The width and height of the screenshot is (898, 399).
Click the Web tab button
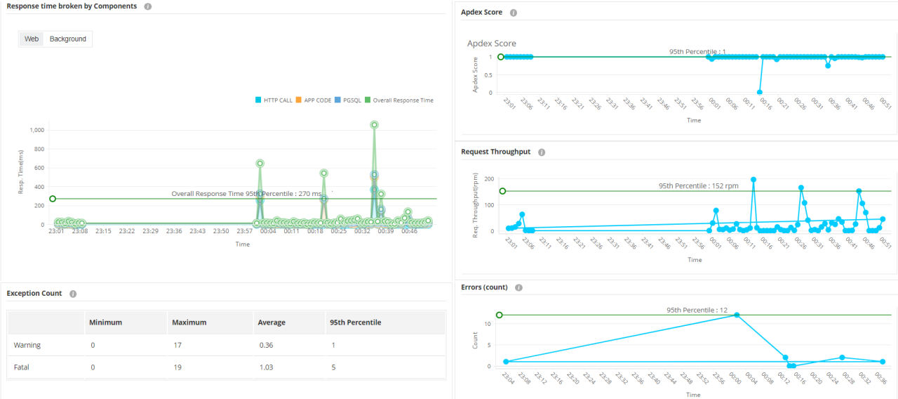(x=32, y=39)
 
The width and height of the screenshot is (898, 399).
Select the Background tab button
(x=68, y=39)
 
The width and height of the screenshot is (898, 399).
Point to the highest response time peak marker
(x=375, y=125)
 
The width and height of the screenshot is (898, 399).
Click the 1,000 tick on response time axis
(x=36, y=130)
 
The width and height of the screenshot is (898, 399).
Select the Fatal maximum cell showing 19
(x=177, y=367)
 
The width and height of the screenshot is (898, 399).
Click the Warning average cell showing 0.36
(x=266, y=345)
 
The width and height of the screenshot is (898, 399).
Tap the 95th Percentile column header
(x=355, y=322)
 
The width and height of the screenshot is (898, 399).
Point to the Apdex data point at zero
(x=760, y=92)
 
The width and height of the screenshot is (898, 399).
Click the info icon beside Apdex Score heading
(x=514, y=13)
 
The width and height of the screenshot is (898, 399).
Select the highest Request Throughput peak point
(x=753, y=180)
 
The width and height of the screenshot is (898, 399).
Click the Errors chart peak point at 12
(x=737, y=315)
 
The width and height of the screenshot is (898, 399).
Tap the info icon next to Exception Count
(x=73, y=294)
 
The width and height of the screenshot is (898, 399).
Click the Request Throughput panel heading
(x=495, y=152)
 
